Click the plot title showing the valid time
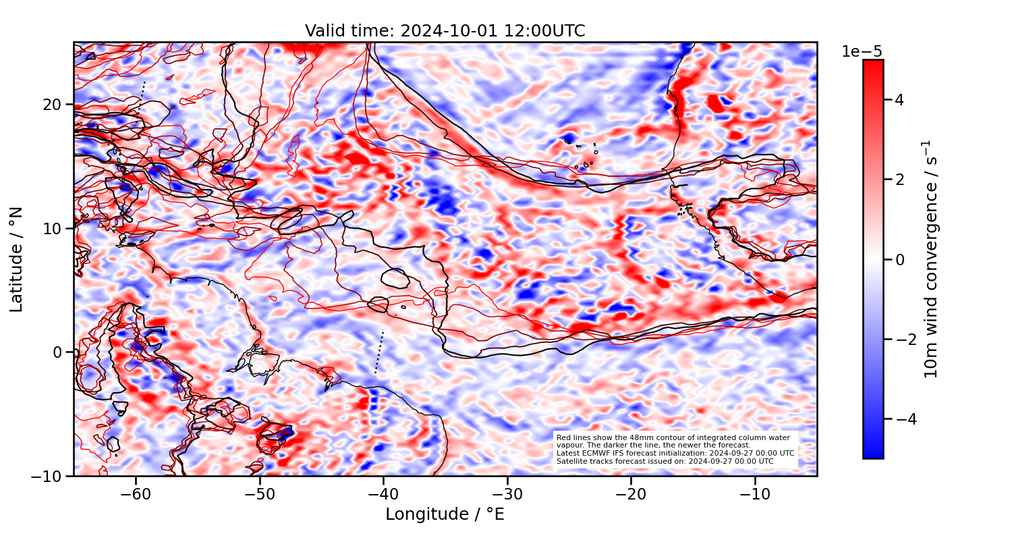(x=445, y=31)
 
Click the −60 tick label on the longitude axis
(x=136, y=494)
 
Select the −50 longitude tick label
(x=260, y=494)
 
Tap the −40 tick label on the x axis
(x=383, y=494)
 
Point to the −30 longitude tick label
(x=507, y=494)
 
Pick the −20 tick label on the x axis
(x=631, y=494)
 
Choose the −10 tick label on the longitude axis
(x=755, y=494)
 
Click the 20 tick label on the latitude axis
(x=55, y=105)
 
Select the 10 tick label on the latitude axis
(x=55, y=228)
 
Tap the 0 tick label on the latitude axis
(x=59, y=352)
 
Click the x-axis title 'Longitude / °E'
(x=445, y=514)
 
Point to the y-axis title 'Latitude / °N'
(x=17, y=259)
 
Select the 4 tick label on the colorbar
(x=899, y=100)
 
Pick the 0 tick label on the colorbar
(x=899, y=259)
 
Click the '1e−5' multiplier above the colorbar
(x=862, y=52)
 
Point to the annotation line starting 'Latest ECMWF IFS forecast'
(x=675, y=453)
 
